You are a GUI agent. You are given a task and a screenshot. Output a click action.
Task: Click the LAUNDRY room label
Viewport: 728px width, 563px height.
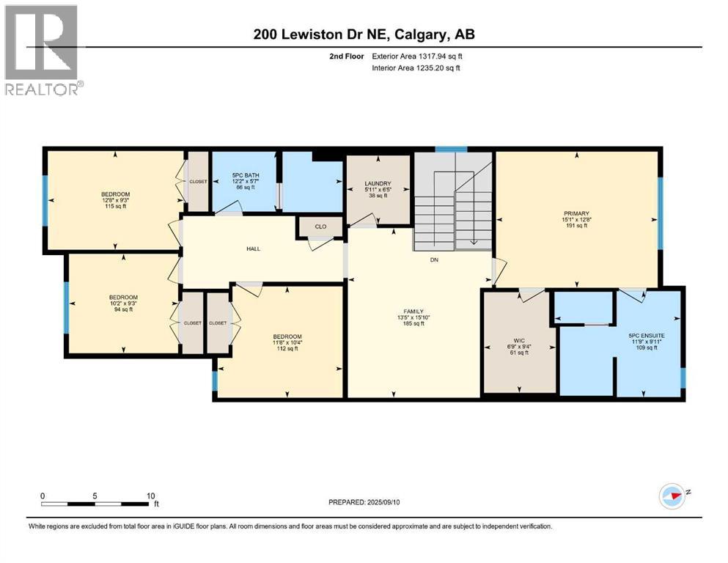tap(378, 184)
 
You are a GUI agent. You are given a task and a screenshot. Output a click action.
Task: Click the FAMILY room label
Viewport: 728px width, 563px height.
tap(414, 311)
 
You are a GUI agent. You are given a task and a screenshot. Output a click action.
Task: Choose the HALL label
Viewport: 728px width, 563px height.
tap(253, 249)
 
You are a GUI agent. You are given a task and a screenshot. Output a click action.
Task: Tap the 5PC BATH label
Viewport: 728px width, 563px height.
tap(243, 175)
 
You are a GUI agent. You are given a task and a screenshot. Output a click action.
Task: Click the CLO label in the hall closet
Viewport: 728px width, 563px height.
tap(320, 227)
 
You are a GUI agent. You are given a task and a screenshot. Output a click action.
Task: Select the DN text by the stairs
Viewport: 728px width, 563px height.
tap(434, 258)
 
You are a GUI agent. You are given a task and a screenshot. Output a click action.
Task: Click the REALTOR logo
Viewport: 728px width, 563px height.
tap(42, 50)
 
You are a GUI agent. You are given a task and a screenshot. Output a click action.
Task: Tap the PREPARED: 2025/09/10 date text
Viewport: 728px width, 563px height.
tap(367, 502)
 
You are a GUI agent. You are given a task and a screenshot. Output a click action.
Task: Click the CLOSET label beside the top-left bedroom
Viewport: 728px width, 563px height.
tap(198, 181)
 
